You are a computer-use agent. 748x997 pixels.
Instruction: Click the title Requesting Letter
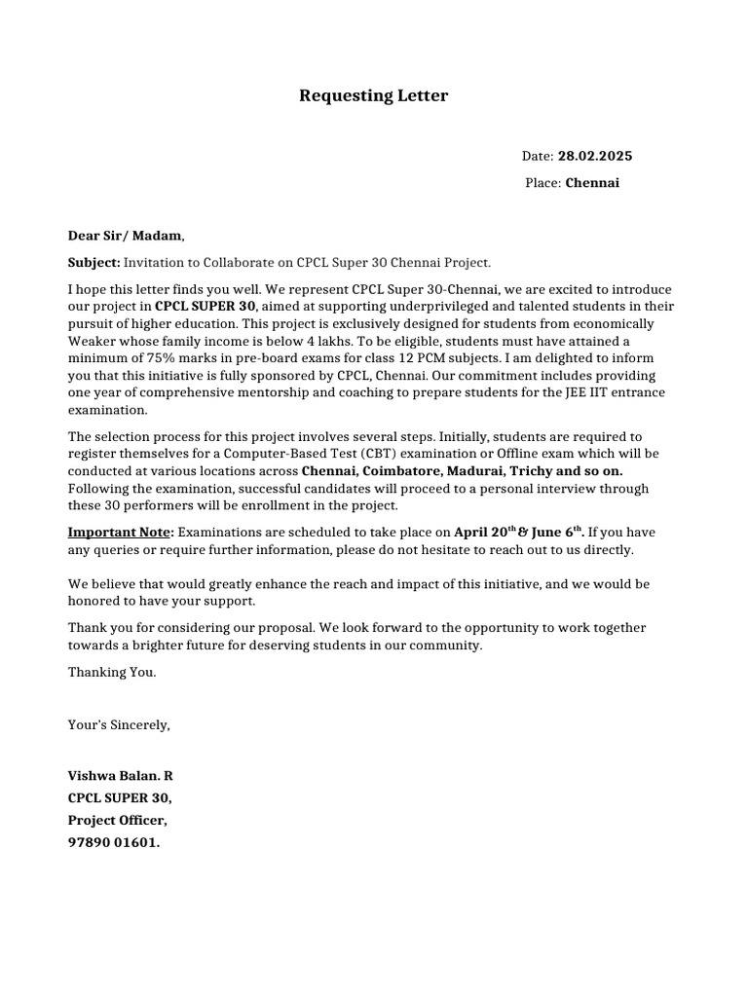[373, 95]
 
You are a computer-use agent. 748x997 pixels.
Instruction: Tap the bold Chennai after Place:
[592, 183]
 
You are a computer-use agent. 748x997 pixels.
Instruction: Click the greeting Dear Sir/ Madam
[124, 236]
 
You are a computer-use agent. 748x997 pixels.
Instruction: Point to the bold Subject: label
[93, 263]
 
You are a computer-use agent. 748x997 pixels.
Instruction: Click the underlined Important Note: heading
[121, 533]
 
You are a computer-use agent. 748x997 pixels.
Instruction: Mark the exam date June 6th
[557, 533]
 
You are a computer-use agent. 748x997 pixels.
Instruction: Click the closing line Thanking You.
[112, 673]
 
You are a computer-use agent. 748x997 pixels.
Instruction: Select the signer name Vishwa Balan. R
[120, 776]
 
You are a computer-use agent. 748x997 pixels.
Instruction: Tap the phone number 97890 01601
[113, 843]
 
